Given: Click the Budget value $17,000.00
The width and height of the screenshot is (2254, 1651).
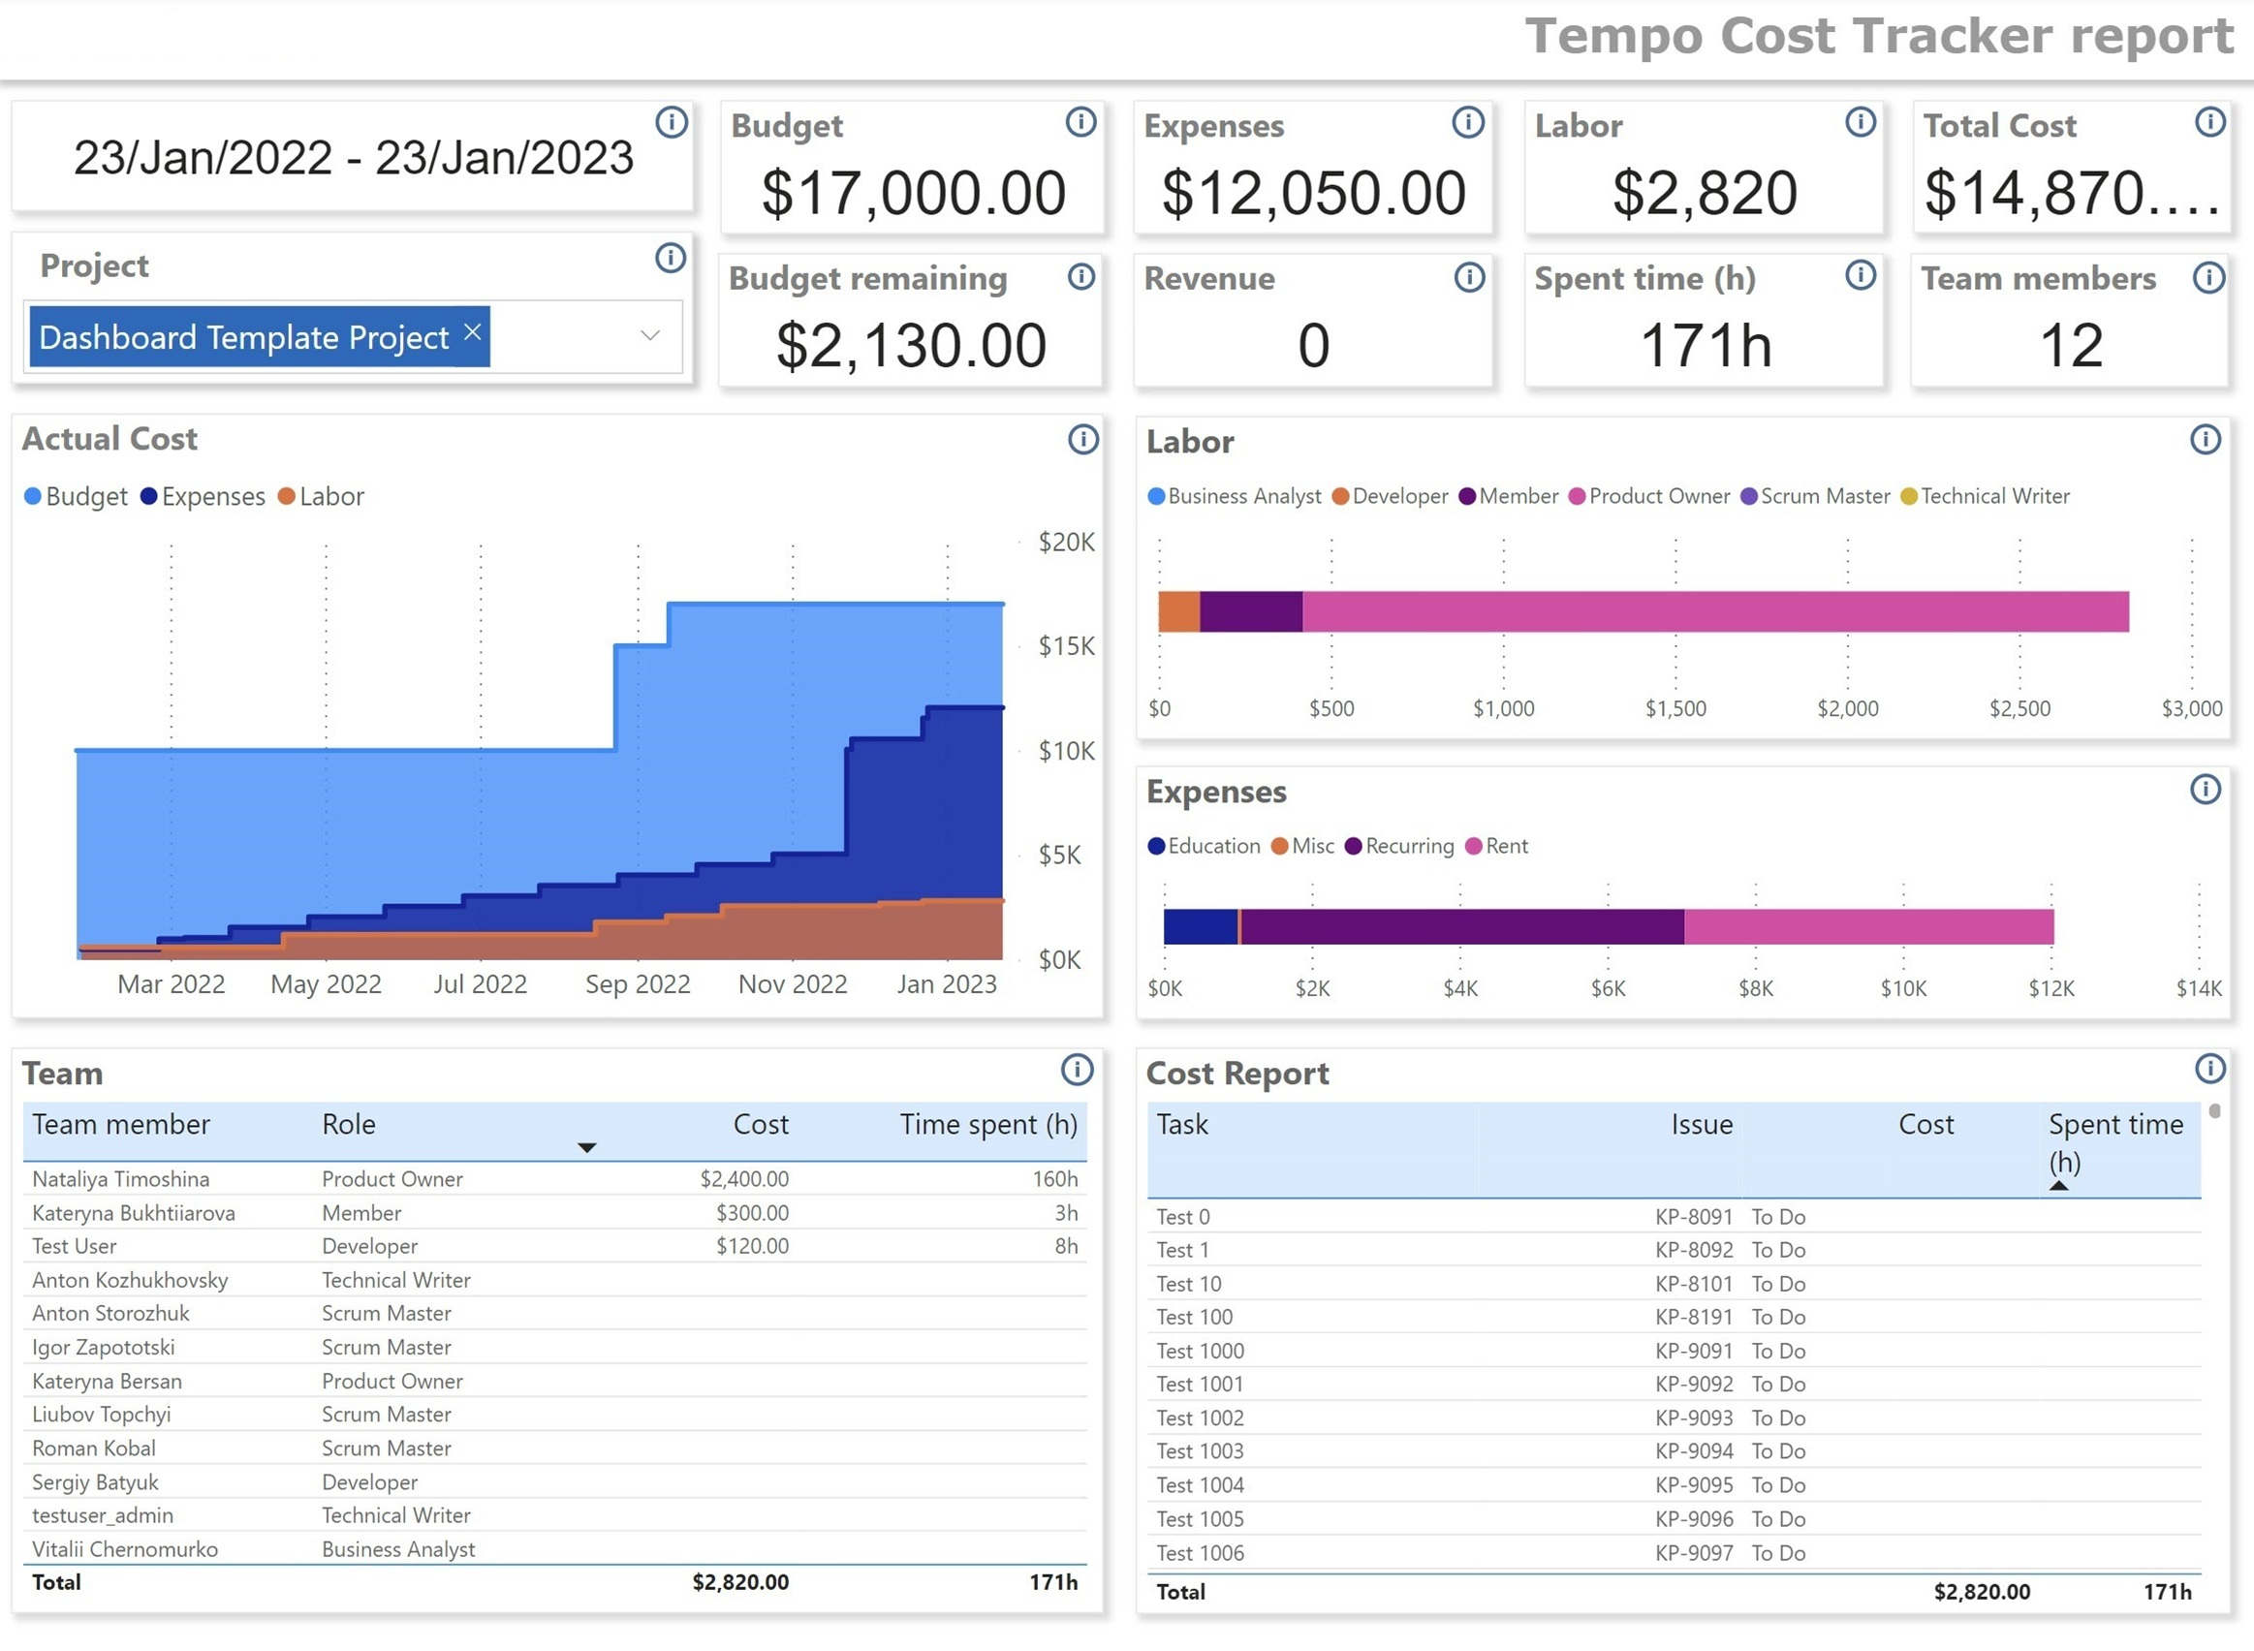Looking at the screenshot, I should tap(913, 193).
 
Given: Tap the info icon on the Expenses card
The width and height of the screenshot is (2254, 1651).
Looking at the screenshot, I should tap(1467, 123).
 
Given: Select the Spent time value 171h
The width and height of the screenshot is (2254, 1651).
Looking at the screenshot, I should tap(1706, 346).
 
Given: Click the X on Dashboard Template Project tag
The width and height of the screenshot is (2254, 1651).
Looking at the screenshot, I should tap(473, 332).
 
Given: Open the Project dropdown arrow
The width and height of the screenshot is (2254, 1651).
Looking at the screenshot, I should tap(649, 336).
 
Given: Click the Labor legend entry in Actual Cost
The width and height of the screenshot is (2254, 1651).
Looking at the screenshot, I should tap(321, 497).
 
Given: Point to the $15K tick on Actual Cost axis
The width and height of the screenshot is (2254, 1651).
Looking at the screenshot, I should tap(1066, 646).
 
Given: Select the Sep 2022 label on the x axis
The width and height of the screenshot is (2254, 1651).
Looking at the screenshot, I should tap(638, 984).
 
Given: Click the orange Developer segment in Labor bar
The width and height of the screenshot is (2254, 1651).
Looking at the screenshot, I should tap(1179, 611).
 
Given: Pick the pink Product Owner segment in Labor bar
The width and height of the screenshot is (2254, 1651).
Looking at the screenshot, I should tap(1714, 611).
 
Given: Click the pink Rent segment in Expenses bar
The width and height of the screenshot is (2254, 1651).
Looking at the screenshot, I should tap(1868, 926).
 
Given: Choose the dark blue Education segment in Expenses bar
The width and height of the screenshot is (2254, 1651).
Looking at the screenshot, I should tap(1201, 926).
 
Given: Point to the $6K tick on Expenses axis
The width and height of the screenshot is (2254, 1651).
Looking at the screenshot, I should tap(1609, 988).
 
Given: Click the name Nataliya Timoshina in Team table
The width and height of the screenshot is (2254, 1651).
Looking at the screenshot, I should tap(121, 1179).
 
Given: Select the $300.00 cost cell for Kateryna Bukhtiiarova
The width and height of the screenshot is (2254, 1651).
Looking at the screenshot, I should tap(752, 1213).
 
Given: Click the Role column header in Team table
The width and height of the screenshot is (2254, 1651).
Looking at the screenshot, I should tap(349, 1125).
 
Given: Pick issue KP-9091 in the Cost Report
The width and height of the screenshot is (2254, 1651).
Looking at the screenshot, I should tap(1693, 1352).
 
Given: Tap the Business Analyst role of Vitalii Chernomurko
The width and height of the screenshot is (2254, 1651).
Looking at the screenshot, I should tap(398, 1549).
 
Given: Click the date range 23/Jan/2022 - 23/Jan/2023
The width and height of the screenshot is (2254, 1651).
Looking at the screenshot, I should tap(353, 158).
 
